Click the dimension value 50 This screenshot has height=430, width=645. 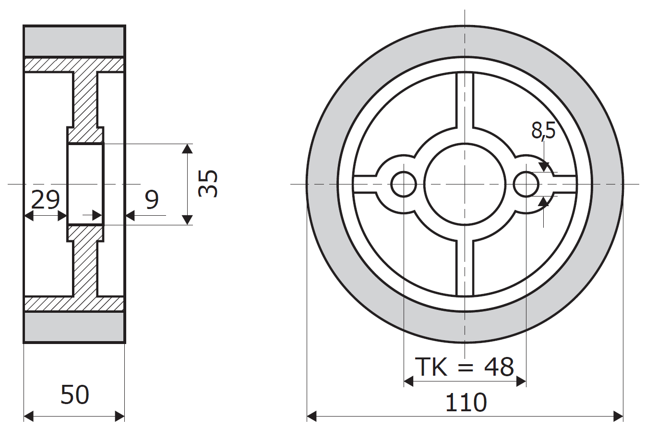pyautogui.click(x=75, y=395)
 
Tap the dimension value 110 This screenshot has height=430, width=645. pyautogui.click(x=466, y=403)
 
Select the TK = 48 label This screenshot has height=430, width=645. pyautogui.click(x=464, y=367)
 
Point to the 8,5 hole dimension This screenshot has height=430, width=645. pyautogui.click(x=543, y=130)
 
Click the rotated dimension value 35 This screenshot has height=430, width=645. pyautogui.click(x=209, y=184)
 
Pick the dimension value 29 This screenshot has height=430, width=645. pyautogui.click(x=45, y=200)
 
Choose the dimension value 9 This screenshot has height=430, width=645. pyautogui.click(x=152, y=200)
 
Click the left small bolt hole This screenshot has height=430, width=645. pyautogui.click(x=404, y=184)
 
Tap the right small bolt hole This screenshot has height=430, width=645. pyautogui.click(x=526, y=184)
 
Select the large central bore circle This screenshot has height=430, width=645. pyautogui.click(x=465, y=184)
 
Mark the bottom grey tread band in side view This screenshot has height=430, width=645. pyautogui.click(x=74, y=327)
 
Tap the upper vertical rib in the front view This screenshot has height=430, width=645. pyautogui.click(x=465, y=101)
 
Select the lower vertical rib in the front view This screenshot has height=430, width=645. pyautogui.click(x=465, y=267)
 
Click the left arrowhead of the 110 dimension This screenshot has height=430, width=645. pyautogui.click(x=312, y=416)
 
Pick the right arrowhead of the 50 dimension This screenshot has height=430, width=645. pyautogui.click(x=119, y=416)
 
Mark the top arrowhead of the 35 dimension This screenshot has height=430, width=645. pyautogui.click(x=188, y=148)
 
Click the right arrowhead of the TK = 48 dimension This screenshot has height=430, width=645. pyautogui.click(x=522, y=381)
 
